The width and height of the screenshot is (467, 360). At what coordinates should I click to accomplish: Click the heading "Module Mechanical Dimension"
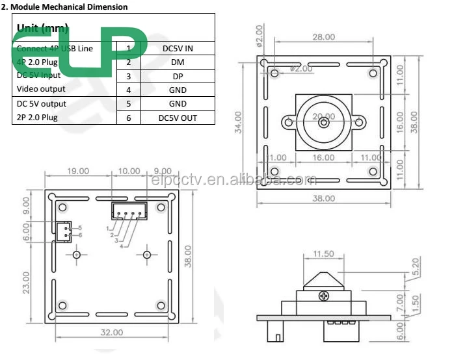pyautogui.click(x=68, y=7)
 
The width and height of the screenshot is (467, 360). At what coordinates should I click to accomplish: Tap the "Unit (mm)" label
pyautogui.click(x=42, y=28)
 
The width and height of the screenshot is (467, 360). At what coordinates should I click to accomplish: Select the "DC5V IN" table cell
pyautogui.click(x=178, y=48)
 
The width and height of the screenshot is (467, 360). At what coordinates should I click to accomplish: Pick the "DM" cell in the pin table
pyautogui.click(x=178, y=62)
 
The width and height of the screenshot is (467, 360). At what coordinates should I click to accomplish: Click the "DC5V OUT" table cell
pyautogui.click(x=178, y=118)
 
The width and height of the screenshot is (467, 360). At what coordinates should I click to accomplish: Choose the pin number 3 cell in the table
pyautogui.click(x=129, y=76)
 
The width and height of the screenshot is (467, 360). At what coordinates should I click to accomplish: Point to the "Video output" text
pyautogui.click(x=41, y=89)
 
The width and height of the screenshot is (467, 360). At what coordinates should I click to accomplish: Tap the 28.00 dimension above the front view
pyautogui.click(x=323, y=38)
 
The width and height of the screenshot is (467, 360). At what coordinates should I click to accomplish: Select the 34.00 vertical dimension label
pyautogui.click(x=239, y=122)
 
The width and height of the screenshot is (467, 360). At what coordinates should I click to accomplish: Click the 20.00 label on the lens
pyautogui.click(x=323, y=117)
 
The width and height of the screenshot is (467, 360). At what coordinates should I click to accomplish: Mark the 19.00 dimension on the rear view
pyautogui.click(x=78, y=171)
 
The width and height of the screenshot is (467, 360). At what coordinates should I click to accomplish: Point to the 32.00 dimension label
pyautogui.click(x=111, y=332)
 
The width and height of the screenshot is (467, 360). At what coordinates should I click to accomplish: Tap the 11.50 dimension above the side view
pyautogui.click(x=323, y=254)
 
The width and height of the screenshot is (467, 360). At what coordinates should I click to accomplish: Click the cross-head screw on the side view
pyautogui.click(x=323, y=296)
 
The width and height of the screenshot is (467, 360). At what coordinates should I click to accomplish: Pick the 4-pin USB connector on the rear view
pyautogui.click(x=129, y=211)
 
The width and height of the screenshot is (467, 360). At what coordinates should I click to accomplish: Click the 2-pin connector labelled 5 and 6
pyautogui.click(x=63, y=231)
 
